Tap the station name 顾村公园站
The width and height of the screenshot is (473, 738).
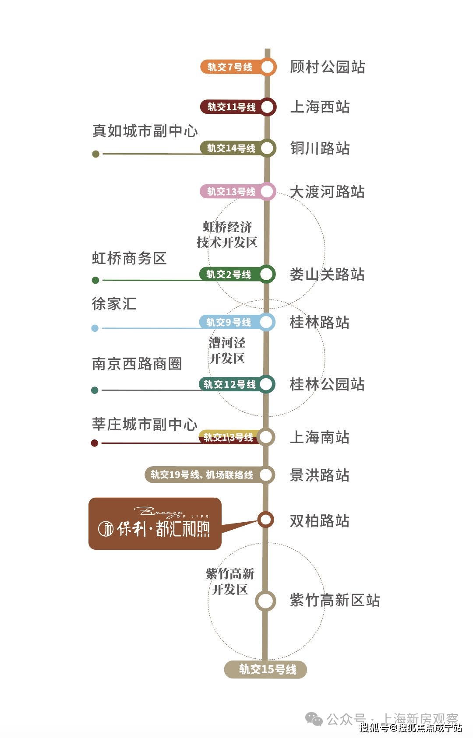327,67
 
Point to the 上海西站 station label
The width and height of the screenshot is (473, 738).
320,107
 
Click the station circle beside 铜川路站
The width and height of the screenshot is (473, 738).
268,148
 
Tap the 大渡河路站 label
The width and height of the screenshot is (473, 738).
327,191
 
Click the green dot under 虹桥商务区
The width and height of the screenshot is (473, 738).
95,280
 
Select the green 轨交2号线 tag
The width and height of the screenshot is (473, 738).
233,274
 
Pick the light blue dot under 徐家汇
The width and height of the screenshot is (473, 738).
95,328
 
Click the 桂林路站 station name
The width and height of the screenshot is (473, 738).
319,322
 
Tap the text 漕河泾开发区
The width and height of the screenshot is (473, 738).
227,351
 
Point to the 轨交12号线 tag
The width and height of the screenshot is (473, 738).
233,384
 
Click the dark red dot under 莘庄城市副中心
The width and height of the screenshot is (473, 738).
95,443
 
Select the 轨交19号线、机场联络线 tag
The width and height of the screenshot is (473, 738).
206,475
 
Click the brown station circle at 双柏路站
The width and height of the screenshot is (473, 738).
266,520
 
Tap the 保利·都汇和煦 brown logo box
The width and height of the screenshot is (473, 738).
155,524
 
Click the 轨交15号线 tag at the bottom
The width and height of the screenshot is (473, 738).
265,669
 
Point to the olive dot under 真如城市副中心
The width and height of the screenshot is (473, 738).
95,154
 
